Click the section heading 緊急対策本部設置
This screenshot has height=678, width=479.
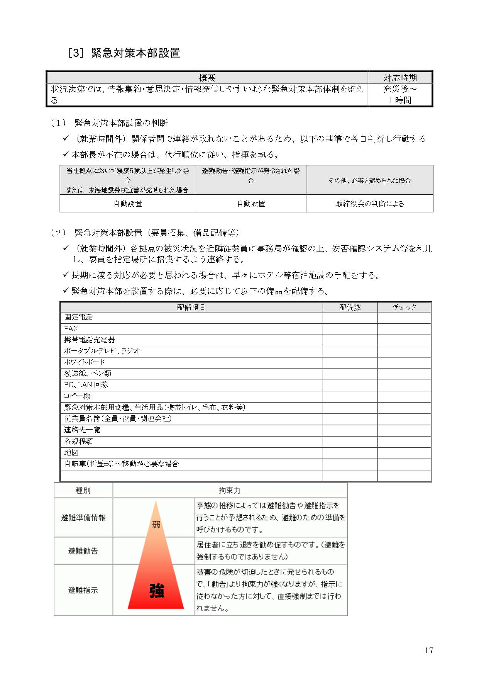135,53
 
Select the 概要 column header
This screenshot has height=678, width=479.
207,78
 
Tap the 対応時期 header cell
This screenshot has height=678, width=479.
400,78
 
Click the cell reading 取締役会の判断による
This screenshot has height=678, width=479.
370,204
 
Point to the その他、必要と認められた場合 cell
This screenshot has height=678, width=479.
370,180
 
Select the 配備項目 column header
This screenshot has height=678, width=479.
191,307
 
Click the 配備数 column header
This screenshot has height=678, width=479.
350,307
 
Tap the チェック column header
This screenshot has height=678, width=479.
405,307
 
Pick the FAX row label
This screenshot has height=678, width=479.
71,329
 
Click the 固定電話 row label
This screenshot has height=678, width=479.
78,317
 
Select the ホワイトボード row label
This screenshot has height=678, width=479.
85,362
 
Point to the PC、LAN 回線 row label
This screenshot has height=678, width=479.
86,385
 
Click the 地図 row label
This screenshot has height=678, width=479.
71,452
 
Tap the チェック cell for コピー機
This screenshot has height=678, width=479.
405,396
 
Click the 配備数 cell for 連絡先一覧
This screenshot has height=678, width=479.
350,430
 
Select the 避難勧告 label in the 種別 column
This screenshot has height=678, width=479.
83,551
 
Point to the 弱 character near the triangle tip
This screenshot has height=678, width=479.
156,524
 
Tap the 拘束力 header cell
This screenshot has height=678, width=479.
230,490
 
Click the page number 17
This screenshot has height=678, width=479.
429,651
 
